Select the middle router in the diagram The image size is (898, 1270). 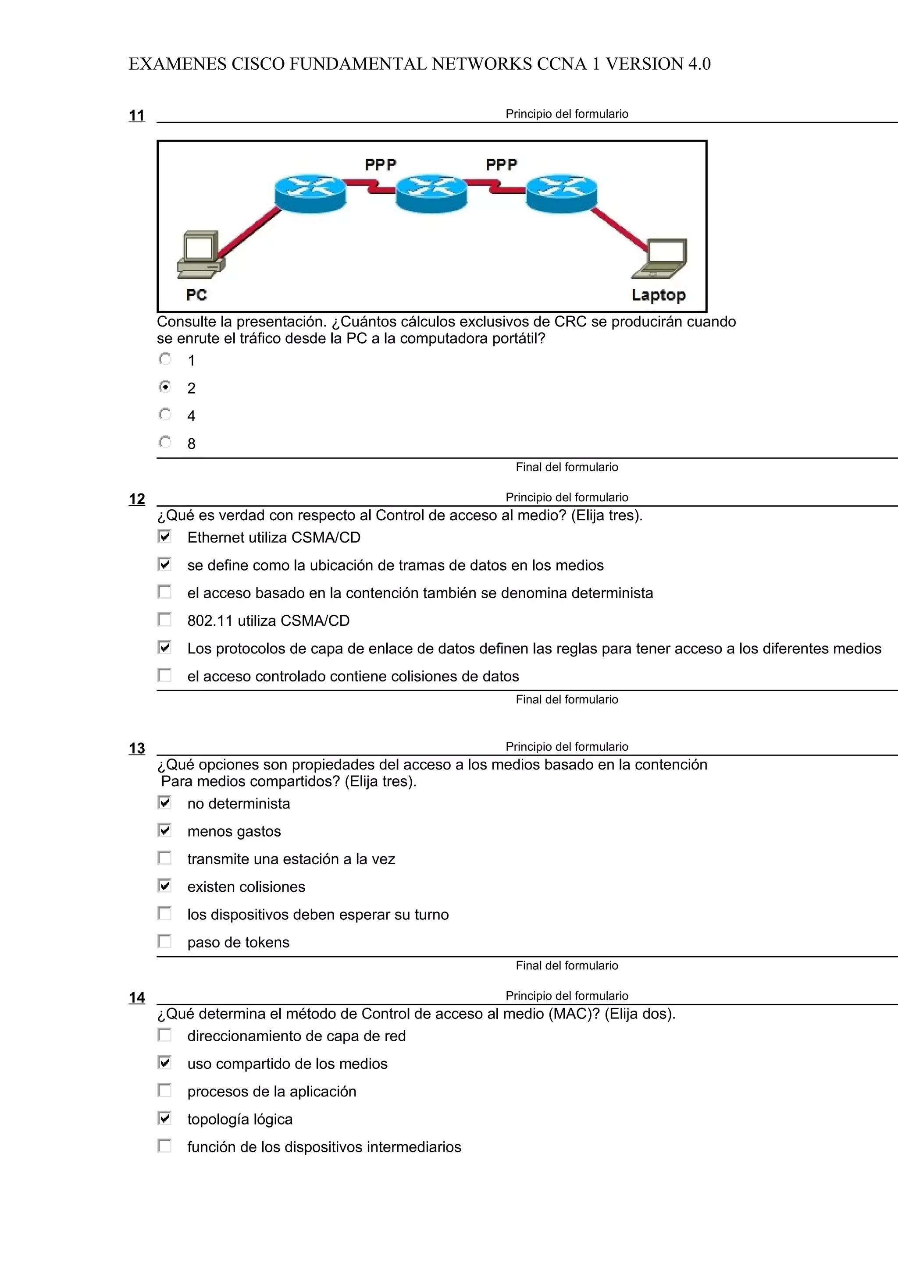[431, 192]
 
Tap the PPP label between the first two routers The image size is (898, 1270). [380, 165]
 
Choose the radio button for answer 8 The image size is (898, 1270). [165, 443]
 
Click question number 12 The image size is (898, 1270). [137, 499]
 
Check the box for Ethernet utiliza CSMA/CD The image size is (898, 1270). [165, 536]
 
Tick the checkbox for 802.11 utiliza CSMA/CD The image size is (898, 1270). [165, 620]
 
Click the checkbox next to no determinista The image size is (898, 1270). [165, 802]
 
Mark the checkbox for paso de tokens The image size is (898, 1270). [165, 941]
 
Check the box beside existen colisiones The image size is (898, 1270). [165, 886]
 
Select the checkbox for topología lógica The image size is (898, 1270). [165, 1118]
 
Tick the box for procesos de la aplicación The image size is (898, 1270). [165, 1091]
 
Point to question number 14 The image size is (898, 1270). [137, 998]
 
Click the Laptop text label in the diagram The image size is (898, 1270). [659, 295]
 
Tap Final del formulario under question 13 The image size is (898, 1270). [567, 966]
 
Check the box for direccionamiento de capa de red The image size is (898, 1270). [165, 1035]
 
